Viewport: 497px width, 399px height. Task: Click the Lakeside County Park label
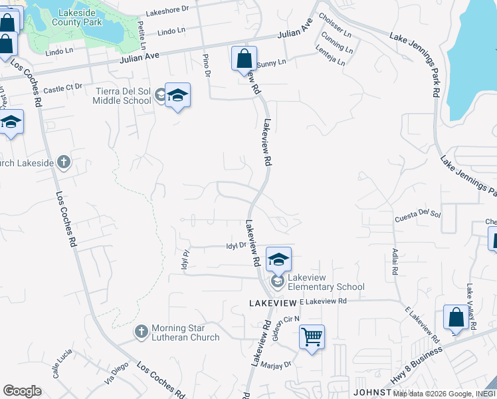(x=79, y=17)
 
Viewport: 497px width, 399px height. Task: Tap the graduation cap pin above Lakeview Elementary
(x=278, y=259)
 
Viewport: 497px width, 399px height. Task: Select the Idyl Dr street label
(x=236, y=245)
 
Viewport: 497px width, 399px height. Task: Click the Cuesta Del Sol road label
(x=418, y=213)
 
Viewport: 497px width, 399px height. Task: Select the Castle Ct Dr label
(x=63, y=87)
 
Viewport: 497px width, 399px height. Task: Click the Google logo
(x=22, y=390)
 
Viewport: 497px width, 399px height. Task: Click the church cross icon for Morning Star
(x=141, y=331)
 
